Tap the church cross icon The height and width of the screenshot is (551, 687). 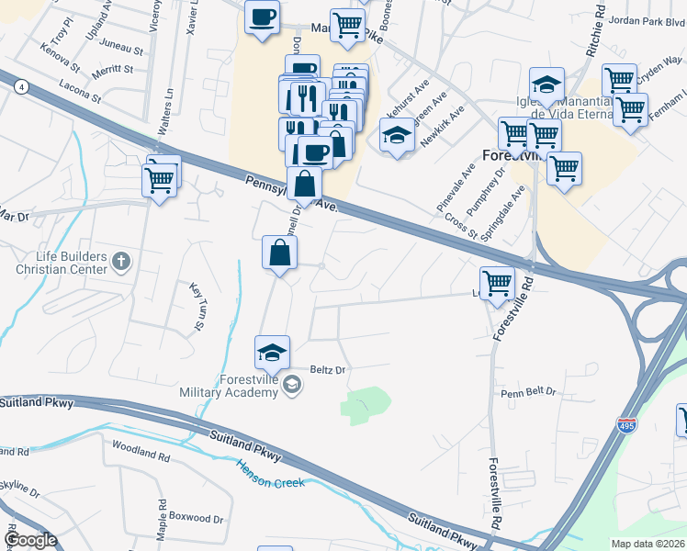click(120, 263)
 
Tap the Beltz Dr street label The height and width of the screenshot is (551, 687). click(326, 370)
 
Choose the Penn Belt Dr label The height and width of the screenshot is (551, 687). click(528, 391)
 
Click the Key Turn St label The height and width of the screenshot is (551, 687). click(197, 307)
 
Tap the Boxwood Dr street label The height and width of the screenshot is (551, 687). click(199, 519)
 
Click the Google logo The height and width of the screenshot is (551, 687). click(29, 540)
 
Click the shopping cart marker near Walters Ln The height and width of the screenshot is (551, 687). click(161, 178)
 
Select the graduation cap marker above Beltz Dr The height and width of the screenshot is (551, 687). click(272, 353)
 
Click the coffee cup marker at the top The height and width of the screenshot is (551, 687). click(262, 17)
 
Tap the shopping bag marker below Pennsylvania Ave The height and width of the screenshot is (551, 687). click(279, 253)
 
